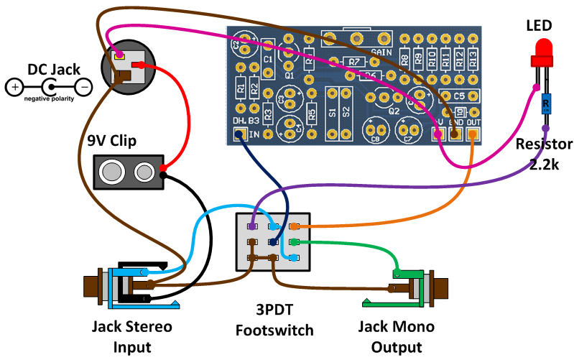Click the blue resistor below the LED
point(546,105)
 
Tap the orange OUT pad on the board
point(473,132)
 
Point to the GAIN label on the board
point(381,52)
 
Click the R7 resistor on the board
point(353,62)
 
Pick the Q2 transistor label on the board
point(394,111)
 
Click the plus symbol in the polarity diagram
point(14,88)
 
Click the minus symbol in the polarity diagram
point(83,88)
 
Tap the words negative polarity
point(49,99)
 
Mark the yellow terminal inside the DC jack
point(119,56)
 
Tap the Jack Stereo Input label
point(132,337)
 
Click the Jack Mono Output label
point(397,337)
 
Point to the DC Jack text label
point(54,70)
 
